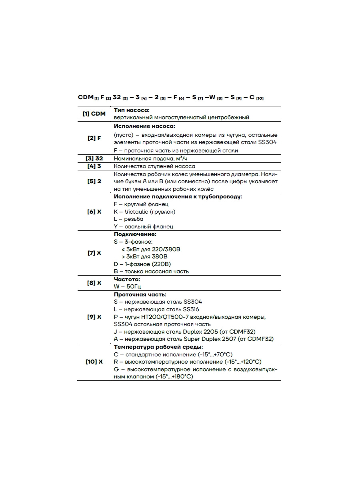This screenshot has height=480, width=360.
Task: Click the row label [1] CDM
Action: [94, 114]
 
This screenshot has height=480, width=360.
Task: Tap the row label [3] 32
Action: [94, 158]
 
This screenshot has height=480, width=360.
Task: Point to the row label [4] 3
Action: [94, 166]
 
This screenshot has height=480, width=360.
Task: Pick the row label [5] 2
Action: [94, 181]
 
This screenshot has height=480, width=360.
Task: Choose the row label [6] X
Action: [94, 212]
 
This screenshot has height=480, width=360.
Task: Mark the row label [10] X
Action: [94, 362]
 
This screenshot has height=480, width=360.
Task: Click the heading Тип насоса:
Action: [132, 110]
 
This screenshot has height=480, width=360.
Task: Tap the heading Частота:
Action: [127, 279]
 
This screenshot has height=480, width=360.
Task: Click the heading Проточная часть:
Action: [140, 294]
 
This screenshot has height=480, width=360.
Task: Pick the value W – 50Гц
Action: [127, 287]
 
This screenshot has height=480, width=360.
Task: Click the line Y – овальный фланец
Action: [143, 227]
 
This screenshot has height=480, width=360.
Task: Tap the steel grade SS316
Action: [191, 309]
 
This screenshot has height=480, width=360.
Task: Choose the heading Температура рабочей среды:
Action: [158, 347]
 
